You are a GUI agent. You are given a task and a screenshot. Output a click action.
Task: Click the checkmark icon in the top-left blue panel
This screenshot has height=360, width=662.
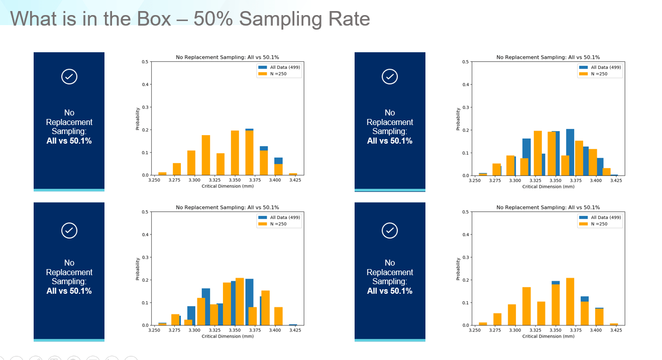[69, 76]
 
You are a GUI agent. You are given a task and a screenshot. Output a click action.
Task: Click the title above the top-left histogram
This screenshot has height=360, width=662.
[227, 57]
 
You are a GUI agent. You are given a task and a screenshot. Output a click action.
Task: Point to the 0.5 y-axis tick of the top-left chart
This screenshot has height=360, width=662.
[145, 62]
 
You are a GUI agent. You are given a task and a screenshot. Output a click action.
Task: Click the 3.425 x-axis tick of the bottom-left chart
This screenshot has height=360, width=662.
[295, 330]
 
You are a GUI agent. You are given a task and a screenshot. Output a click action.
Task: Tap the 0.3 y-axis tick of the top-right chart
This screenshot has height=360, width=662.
[465, 107]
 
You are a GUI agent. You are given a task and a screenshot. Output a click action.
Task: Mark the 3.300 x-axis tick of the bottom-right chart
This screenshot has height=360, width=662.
[515, 330]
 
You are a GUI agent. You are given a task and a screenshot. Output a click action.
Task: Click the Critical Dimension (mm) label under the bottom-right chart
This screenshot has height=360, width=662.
[548, 336]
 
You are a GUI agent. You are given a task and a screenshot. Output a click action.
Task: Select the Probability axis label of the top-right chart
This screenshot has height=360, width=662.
[458, 119]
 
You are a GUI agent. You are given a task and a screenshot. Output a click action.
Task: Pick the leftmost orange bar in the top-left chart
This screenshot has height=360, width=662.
[162, 173]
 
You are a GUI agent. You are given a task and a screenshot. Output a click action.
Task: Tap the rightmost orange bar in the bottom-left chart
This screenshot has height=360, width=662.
[278, 316]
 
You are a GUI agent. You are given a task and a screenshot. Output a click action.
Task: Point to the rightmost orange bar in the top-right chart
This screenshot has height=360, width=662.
[607, 172]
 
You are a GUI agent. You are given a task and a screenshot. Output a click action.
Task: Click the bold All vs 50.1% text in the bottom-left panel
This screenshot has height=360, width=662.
[69, 291]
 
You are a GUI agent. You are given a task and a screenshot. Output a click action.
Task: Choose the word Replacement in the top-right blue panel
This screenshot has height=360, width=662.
[390, 122]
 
